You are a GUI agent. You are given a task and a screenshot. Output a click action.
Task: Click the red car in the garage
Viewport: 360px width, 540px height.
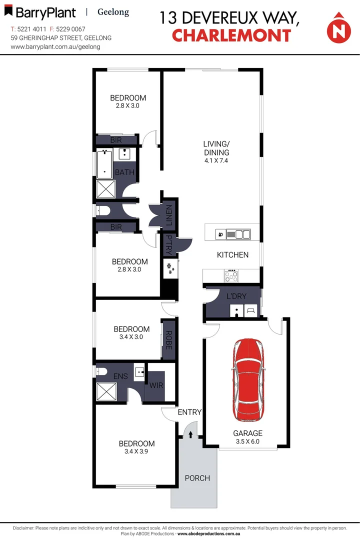click(248, 380)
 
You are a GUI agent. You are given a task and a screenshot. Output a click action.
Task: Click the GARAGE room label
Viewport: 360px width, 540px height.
click(247, 433)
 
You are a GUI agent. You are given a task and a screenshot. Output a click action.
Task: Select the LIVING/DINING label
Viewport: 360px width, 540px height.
click(216, 148)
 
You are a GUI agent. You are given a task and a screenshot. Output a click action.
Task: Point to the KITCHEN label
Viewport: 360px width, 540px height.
click(232, 255)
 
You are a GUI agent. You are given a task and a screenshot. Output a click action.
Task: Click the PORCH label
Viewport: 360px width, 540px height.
click(197, 478)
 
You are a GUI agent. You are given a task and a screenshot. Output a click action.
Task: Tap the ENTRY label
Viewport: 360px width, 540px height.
click(189, 412)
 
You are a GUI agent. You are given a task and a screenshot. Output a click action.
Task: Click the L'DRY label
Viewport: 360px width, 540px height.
click(236, 296)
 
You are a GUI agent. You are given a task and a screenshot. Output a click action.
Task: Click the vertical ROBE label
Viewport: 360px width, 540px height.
click(169, 340)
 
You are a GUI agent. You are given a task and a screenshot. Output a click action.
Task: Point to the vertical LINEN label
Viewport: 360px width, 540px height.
click(168, 214)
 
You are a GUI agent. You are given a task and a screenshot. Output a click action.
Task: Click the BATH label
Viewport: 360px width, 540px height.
click(125, 172)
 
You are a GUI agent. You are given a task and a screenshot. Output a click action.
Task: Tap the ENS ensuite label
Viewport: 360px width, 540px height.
click(120, 375)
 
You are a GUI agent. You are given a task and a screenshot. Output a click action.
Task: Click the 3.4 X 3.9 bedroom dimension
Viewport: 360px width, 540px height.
click(136, 451)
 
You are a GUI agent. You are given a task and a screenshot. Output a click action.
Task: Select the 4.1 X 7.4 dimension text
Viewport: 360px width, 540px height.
click(216, 160)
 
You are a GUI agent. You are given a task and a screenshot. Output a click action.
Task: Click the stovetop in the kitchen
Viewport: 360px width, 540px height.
click(232, 275)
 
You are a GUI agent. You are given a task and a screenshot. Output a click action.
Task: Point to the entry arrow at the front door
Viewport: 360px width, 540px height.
click(190, 434)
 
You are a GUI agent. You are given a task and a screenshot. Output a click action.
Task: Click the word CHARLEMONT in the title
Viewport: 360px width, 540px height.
click(231, 35)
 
